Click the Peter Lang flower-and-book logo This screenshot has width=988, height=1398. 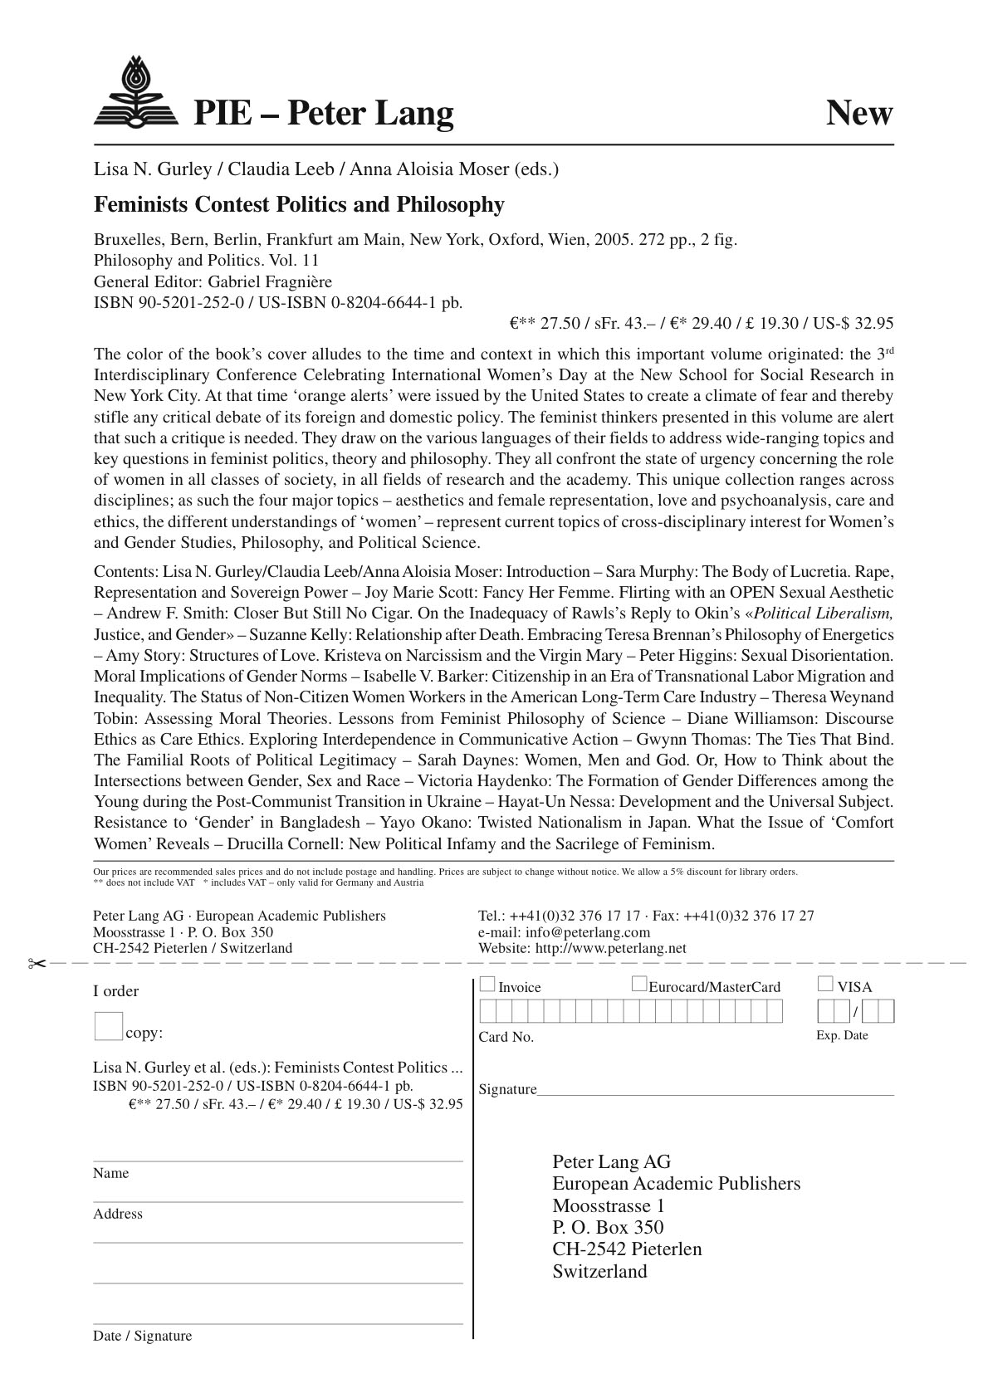tap(135, 92)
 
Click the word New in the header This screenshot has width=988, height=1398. tap(858, 113)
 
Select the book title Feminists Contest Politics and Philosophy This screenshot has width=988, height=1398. tap(299, 205)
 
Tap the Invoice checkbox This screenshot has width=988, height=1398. tap(487, 985)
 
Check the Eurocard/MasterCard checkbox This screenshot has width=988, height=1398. tap(638, 985)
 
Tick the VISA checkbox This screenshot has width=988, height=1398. tap(824, 985)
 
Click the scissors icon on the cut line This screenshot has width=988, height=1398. tap(36, 963)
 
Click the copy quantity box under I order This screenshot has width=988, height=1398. tap(108, 1026)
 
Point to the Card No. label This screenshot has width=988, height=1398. tap(506, 1037)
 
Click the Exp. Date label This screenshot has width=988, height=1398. tap(842, 1035)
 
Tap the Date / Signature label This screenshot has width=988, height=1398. tap(142, 1336)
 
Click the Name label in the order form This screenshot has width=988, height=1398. tap(111, 1173)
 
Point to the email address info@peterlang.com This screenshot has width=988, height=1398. tap(587, 932)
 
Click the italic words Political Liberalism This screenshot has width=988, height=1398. tap(823, 613)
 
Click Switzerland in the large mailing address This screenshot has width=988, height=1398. tap(599, 1271)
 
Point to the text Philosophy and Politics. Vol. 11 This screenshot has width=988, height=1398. tap(206, 261)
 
